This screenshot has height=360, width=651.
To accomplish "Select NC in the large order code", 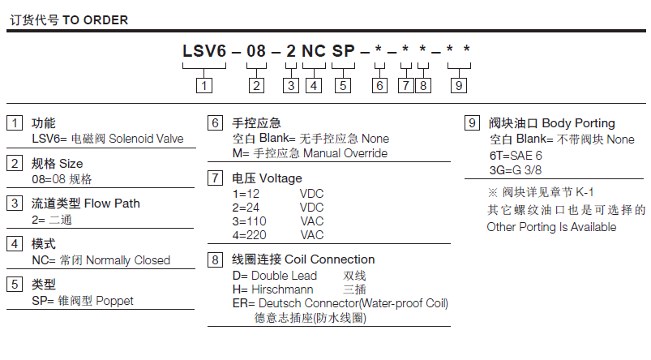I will (314, 52).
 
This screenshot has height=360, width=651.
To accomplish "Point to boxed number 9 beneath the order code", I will (459, 84).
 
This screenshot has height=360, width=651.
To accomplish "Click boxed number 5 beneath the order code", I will (343, 84).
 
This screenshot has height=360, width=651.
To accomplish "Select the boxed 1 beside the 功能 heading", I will (15, 123).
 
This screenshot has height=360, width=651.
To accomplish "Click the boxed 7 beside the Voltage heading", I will (216, 178).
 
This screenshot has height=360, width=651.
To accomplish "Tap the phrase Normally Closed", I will (128, 260).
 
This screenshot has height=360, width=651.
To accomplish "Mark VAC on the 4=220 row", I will (311, 235).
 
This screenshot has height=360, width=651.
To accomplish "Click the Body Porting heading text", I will (578, 123).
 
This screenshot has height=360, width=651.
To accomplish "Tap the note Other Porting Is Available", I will (551, 227).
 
